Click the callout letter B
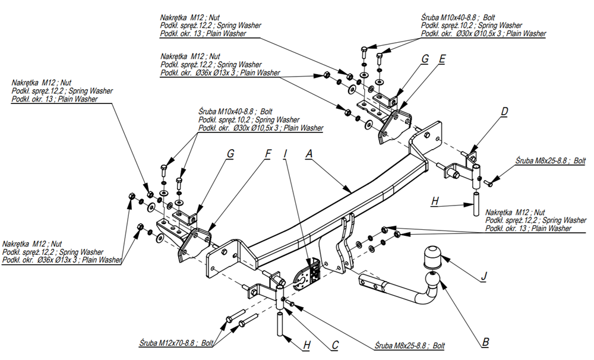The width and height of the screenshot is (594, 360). pyautogui.click(x=485, y=342)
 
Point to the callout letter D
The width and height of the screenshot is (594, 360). pyautogui.click(x=504, y=111)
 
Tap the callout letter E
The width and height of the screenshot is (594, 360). pyautogui.click(x=442, y=59)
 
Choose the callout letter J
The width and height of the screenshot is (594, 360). pyautogui.click(x=485, y=275)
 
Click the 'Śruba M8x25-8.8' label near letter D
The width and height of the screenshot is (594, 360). pyautogui.click(x=549, y=160)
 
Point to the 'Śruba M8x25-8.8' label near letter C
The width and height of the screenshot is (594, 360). pyautogui.click(x=409, y=345)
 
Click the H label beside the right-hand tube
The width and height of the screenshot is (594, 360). pyautogui.click(x=435, y=202)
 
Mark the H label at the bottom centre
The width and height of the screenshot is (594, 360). pyautogui.click(x=307, y=344)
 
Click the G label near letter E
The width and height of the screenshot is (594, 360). pyautogui.click(x=425, y=59)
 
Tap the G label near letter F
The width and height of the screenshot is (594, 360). pyautogui.click(x=230, y=154)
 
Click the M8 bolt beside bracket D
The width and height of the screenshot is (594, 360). pyautogui.click(x=489, y=182)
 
